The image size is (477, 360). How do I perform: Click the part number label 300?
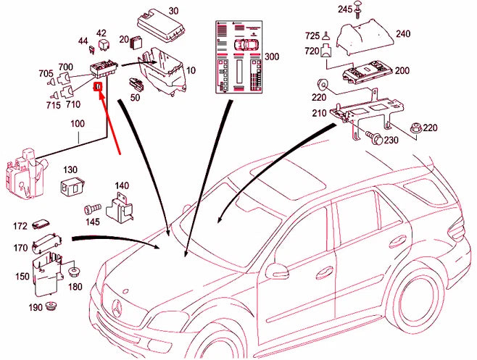[x=271, y=56]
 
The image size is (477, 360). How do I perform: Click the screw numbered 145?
[x=92, y=209]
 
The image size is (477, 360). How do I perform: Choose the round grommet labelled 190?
[x=51, y=311]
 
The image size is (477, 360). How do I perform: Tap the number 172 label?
[x=20, y=226]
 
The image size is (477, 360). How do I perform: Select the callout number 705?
[x=45, y=73]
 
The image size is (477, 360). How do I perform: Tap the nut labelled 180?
[x=74, y=273]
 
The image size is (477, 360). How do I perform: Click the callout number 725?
[x=312, y=35]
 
